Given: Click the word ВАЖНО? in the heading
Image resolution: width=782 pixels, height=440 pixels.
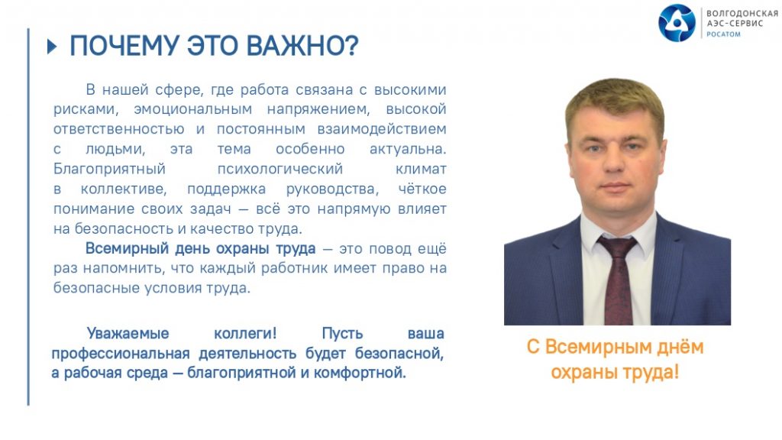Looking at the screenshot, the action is click(x=302, y=46).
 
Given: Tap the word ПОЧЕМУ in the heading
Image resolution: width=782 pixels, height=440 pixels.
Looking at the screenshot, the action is click(x=124, y=46).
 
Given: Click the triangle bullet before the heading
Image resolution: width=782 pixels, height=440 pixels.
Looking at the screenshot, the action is click(x=52, y=47).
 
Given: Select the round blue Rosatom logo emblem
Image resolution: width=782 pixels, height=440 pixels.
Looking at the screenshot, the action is click(x=677, y=23).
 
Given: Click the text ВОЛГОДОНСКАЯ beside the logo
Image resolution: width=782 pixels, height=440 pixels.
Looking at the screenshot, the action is click(x=742, y=14).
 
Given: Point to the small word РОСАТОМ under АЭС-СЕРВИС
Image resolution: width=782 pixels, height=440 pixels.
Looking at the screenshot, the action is click(x=723, y=34).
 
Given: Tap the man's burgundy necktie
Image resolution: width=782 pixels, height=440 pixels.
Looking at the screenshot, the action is click(x=619, y=280).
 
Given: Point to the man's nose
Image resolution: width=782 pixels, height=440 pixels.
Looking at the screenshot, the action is click(x=616, y=165).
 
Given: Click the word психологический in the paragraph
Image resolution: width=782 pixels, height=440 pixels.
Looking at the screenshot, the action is click(x=280, y=169).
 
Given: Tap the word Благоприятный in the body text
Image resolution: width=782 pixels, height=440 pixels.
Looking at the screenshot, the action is click(x=109, y=169).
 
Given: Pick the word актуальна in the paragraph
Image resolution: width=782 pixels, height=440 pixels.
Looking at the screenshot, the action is click(x=408, y=149).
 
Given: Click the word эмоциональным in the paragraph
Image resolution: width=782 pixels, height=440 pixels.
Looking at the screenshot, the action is click(x=193, y=109).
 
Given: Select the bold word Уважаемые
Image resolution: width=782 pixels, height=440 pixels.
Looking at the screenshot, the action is click(x=128, y=333).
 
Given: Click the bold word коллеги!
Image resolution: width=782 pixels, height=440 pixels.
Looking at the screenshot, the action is click(x=245, y=333).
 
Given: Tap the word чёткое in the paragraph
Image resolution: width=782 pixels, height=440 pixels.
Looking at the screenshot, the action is click(x=422, y=189).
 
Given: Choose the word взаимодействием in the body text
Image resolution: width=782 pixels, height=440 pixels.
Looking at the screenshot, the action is click(x=382, y=129).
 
